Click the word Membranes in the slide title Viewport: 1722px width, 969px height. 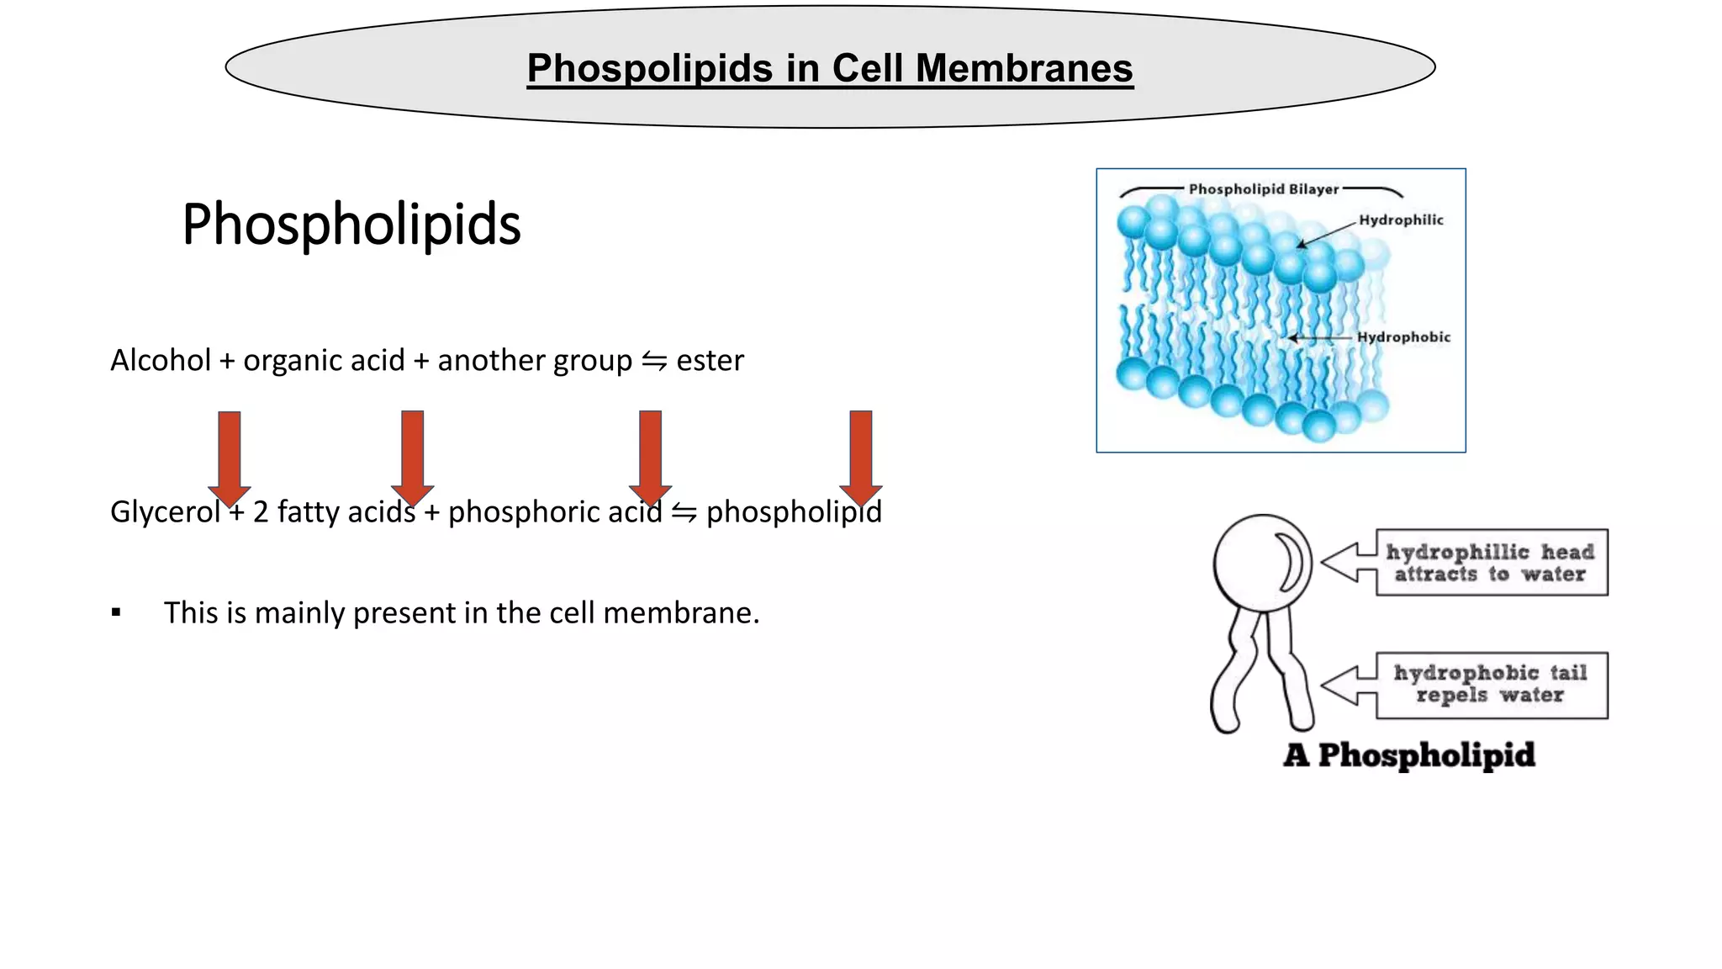1023,68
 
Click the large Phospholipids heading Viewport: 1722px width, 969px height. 351,225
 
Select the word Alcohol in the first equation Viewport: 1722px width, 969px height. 161,361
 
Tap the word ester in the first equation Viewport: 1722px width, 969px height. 710,361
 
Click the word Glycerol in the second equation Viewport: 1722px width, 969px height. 165,512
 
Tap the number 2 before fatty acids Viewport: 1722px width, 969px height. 261,512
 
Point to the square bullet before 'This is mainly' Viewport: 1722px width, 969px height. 116,613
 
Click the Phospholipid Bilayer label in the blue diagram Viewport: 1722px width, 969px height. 1263,189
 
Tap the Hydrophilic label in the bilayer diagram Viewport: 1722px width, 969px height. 1401,220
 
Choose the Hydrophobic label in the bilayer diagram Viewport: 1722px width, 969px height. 1403,337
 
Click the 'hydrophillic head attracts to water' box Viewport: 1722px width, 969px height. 1491,563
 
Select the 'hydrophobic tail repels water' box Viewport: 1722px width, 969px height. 1491,685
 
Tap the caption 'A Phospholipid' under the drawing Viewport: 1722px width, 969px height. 1409,755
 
